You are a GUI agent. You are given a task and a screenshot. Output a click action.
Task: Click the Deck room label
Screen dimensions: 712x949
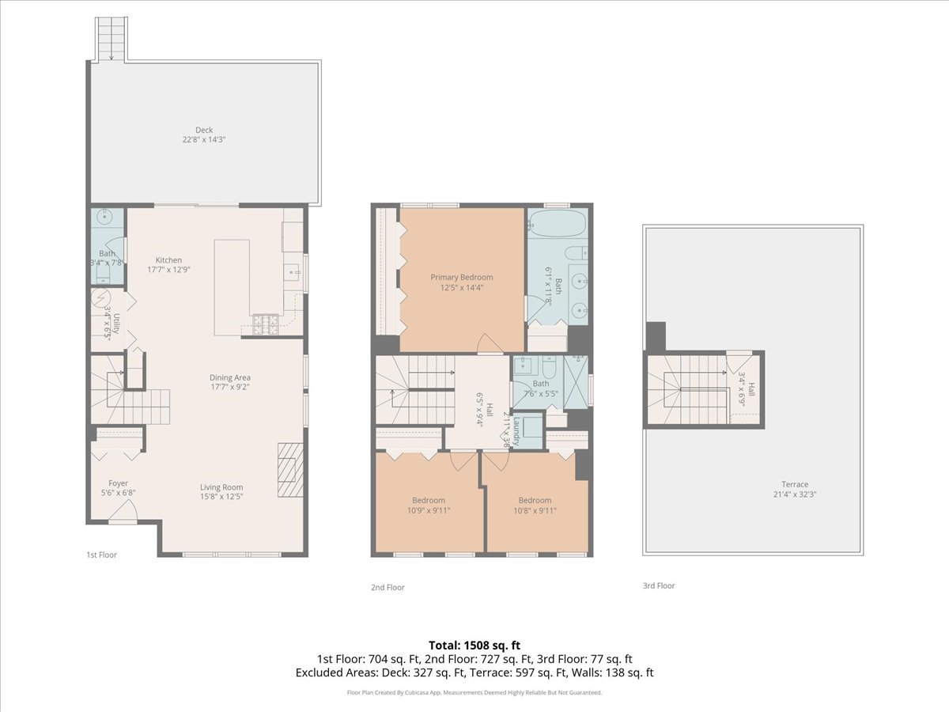tap(204, 131)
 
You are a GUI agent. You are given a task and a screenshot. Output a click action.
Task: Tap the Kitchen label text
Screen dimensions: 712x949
tap(168, 260)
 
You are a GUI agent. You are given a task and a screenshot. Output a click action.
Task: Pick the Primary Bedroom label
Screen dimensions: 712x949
tap(461, 278)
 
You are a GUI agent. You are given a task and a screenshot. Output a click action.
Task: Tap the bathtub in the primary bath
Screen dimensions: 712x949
tap(557, 224)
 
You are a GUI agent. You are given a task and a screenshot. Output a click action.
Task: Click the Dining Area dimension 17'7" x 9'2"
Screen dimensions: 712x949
tap(229, 388)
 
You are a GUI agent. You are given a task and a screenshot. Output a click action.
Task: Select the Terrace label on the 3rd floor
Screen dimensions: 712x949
tap(795, 485)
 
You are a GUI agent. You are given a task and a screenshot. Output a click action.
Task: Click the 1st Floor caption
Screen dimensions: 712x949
tap(101, 555)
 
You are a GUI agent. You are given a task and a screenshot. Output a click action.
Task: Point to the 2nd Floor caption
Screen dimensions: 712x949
tap(388, 588)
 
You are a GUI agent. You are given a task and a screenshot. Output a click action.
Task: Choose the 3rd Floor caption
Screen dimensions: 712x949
tap(659, 586)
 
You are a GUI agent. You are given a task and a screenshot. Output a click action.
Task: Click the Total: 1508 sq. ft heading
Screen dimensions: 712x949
tap(474, 645)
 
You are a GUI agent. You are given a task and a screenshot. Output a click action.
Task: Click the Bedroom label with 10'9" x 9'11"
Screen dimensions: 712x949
tap(428, 500)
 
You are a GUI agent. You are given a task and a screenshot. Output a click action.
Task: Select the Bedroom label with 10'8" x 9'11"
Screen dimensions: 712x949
tap(535, 500)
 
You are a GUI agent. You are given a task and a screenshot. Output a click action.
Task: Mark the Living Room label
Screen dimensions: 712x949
tap(221, 487)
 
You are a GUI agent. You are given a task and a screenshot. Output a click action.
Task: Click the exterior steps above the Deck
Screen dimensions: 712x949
tap(112, 38)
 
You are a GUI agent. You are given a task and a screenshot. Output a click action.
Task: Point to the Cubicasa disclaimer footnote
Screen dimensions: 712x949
tap(475, 692)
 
